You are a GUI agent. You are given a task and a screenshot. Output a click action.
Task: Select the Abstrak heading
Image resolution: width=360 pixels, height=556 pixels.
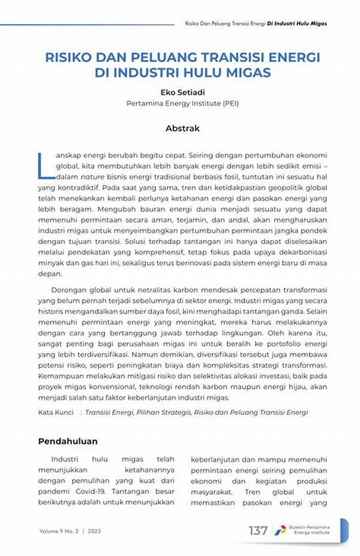(182, 128)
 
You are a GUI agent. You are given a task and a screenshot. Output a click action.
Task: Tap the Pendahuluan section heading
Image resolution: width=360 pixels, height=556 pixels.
(68, 441)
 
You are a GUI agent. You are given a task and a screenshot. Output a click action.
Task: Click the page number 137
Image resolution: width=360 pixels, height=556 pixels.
(258, 531)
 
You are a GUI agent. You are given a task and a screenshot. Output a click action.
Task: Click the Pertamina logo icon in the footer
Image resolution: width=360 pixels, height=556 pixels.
(280, 531)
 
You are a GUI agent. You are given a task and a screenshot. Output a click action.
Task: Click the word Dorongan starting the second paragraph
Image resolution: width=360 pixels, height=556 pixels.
(71, 290)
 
